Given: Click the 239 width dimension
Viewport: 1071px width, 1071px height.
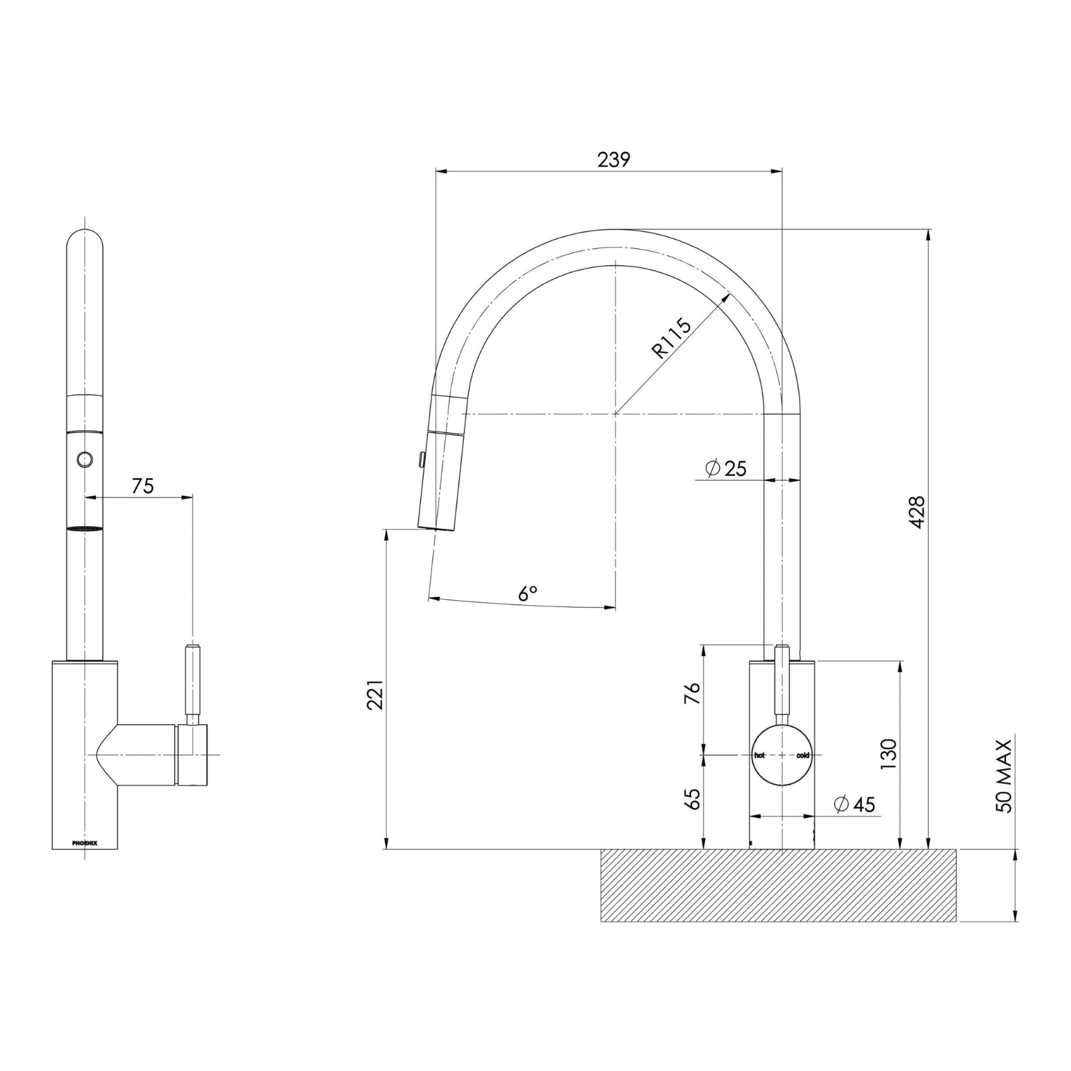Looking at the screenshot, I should (613, 160).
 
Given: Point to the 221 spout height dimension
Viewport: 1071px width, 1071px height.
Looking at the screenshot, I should (376, 694).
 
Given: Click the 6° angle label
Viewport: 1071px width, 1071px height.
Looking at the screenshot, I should (527, 593).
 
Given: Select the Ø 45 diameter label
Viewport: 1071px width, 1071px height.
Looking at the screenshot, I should (855, 804).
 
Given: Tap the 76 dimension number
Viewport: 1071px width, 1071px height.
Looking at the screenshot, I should (692, 693).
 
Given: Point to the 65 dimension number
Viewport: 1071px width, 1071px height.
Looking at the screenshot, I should (692, 799).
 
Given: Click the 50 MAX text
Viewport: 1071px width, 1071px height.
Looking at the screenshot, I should (1004, 776).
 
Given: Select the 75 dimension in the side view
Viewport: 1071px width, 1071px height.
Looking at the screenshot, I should (143, 485).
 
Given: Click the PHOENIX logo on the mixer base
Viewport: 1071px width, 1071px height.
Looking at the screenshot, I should (85, 843).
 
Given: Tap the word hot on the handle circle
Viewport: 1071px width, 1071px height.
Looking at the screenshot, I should (760, 755).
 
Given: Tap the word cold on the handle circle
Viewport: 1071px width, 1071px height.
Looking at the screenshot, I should (803, 755).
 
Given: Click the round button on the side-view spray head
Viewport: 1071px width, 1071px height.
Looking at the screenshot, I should (84, 459).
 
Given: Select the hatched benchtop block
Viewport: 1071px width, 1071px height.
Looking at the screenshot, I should (778, 885).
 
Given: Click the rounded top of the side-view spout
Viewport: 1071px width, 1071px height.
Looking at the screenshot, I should (85, 238).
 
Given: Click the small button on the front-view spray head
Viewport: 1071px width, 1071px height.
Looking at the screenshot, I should (420, 459).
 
